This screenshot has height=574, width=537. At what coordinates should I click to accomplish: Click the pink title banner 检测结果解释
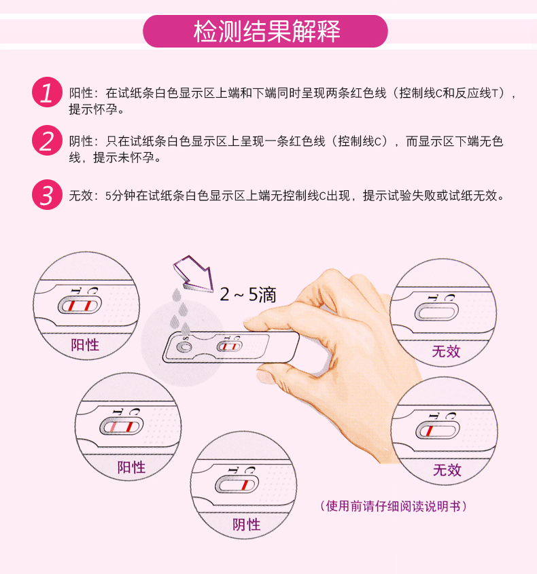pyautogui.click(x=265, y=31)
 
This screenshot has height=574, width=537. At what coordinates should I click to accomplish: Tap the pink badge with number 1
pyautogui.click(x=47, y=92)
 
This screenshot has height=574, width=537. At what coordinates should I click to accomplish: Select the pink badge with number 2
pyautogui.click(x=47, y=140)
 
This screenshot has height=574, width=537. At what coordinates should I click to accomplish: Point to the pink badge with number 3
pyautogui.click(x=47, y=194)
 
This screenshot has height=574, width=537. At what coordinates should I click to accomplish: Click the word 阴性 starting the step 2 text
pyautogui.click(x=81, y=141)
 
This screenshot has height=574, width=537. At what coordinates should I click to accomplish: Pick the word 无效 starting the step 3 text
pyautogui.click(x=81, y=196)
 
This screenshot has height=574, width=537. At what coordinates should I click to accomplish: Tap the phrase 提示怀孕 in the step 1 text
pyautogui.click(x=93, y=109)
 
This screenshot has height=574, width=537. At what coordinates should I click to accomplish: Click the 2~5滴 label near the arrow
pyautogui.click(x=248, y=295)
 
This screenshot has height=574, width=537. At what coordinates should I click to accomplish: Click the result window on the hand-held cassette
pyautogui.click(x=229, y=346)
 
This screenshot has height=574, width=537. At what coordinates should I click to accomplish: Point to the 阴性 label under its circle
pyautogui.click(x=247, y=524)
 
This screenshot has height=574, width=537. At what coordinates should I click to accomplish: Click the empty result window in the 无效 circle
pyautogui.click(x=436, y=312)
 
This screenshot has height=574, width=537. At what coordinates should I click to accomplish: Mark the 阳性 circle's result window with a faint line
pyautogui.click(x=122, y=427)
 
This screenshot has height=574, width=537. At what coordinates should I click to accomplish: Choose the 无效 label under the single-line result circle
pyautogui.click(x=447, y=469)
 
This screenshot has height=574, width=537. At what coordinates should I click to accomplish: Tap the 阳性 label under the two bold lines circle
pyautogui.click(x=85, y=345)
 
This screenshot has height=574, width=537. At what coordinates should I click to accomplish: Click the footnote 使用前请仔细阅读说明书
pyautogui.click(x=393, y=506)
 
